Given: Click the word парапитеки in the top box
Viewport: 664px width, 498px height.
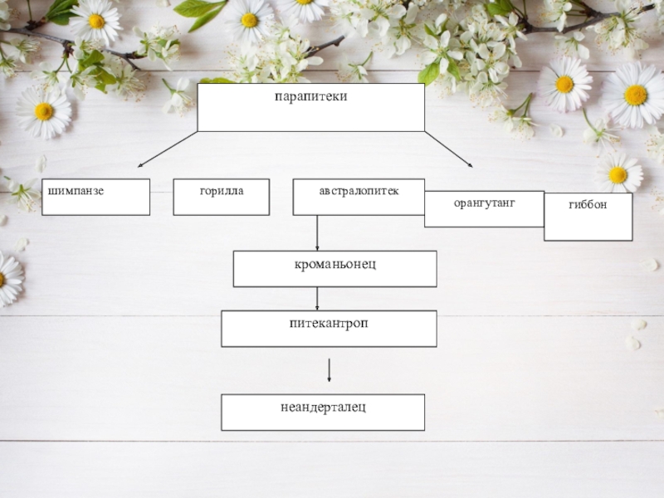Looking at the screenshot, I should [310, 97].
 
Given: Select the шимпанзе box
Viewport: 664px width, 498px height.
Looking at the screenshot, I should [95, 197].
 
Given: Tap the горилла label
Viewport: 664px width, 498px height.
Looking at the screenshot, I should [222, 191].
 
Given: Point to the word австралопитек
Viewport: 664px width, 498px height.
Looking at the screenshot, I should [359, 191].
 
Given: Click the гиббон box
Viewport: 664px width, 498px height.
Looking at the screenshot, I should [588, 217].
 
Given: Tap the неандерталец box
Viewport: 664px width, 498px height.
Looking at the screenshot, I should [323, 412].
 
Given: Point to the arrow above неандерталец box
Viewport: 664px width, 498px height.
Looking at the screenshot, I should [330, 370].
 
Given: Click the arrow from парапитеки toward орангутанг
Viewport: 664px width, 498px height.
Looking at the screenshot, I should [448, 149].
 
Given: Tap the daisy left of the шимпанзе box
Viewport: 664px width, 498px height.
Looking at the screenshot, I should [43, 111].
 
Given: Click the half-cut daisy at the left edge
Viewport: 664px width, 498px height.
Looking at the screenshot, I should [7, 279].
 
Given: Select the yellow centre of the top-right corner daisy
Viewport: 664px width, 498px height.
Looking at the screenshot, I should [636, 95].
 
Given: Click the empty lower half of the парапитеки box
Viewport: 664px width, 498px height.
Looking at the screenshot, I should [310, 119].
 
